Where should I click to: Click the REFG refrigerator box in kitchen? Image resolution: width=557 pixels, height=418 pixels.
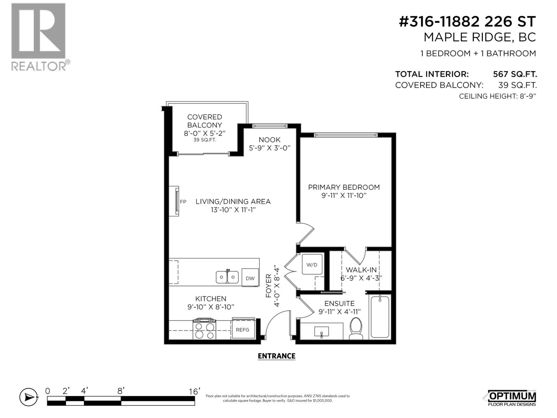[x=243, y=329]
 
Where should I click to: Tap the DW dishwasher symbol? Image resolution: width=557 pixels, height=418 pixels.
[x=250, y=278]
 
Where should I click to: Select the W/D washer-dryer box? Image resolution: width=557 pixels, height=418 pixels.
[x=312, y=265]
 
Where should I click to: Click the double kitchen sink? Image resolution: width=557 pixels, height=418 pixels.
[x=227, y=277]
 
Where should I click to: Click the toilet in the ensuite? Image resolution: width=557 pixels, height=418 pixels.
[x=356, y=328]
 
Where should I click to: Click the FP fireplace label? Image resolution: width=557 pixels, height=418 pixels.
[x=183, y=201]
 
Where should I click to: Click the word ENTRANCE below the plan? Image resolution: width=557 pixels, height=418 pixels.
[x=276, y=356]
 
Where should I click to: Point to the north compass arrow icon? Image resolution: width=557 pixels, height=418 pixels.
[x=29, y=397]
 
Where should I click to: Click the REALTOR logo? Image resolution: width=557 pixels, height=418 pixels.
[x=39, y=37]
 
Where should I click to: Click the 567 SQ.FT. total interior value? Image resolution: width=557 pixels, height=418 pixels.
[x=515, y=74]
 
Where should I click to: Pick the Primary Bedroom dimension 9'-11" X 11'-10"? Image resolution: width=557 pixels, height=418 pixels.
[x=344, y=195]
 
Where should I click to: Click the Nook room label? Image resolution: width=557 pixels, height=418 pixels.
[x=269, y=140]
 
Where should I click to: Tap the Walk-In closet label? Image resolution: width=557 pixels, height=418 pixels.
[x=361, y=270]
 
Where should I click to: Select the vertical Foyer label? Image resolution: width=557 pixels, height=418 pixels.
[x=269, y=286]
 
